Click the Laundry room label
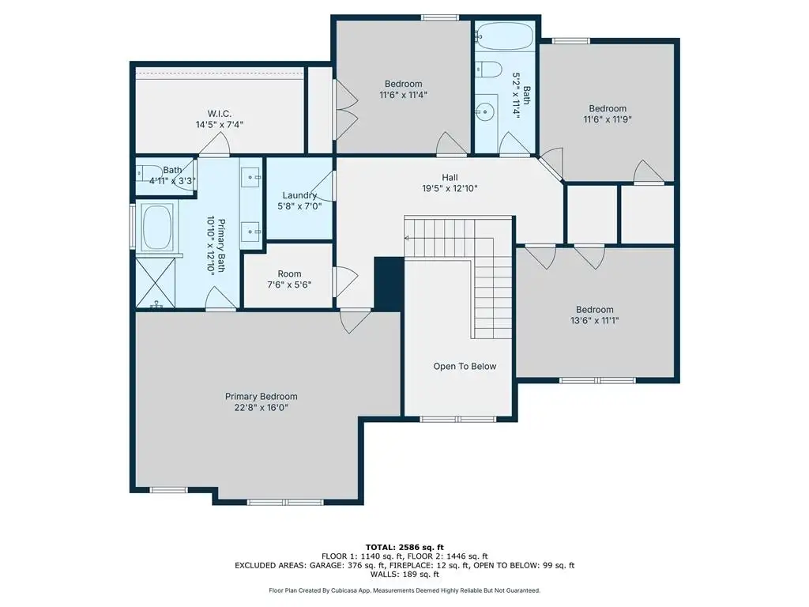pos(299,195)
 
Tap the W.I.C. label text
pos(220,114)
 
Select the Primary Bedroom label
pos(261,397)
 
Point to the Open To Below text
pos(465,367)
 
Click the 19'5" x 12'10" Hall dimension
pos(450,188)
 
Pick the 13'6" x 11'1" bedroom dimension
pos(594,321)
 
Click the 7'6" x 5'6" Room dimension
pos(289,285)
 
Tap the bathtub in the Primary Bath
pos(157,228)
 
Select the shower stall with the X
pos(156,282)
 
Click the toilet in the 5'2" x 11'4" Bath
pos(488,70)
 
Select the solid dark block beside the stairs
pos(389,284)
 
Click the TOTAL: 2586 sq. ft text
pos(404,547)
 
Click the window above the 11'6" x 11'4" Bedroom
pos(440,18)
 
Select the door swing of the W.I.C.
pos(215,144)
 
